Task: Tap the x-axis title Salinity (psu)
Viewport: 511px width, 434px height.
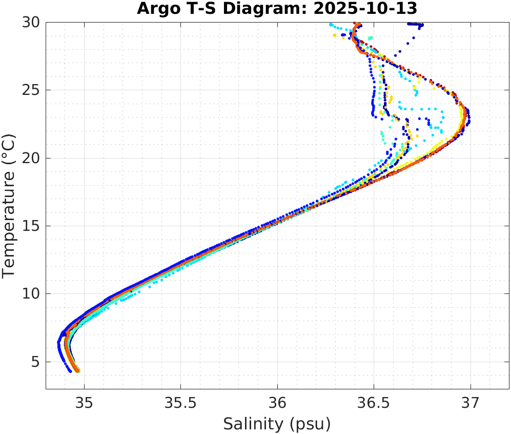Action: pos(277,424)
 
